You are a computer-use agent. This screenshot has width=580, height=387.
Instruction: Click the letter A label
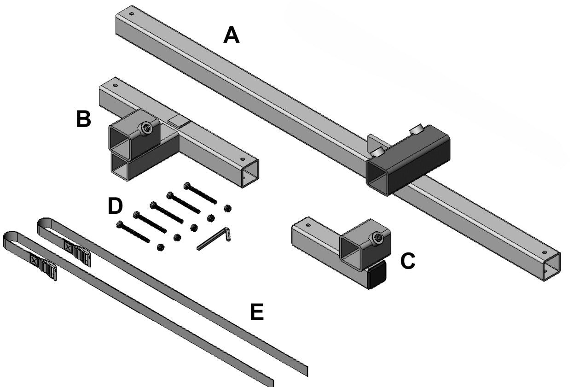[x=232, y=35]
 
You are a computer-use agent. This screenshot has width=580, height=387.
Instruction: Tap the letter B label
[x=83, y=119]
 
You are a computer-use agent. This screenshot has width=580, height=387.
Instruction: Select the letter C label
[x=408, y=261]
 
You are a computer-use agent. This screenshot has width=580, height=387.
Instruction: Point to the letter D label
[x=115, y=206]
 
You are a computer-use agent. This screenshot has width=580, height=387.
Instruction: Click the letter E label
[x=257, y=313]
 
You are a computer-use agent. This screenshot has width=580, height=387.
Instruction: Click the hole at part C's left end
[x=308, y=225]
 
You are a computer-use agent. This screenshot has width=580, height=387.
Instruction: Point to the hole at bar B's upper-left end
[x=115, y=85]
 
